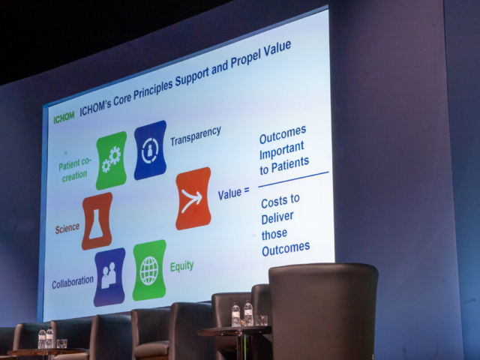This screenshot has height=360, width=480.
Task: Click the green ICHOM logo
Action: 64,117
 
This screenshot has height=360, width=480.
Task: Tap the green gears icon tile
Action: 112,160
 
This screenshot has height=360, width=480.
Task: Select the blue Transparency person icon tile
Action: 150,150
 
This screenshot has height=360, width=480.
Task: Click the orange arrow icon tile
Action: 193,198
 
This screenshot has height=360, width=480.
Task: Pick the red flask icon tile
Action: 97,221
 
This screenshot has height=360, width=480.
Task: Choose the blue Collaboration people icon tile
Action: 109,277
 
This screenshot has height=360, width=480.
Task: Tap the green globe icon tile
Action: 149,270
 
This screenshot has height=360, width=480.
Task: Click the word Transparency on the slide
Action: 196,136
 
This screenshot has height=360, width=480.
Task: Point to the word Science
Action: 67,229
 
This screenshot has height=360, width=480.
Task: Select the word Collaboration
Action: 73,282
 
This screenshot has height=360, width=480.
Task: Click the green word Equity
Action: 181,266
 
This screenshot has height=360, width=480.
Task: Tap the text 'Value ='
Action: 233,193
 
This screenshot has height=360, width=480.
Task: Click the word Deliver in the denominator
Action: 277,217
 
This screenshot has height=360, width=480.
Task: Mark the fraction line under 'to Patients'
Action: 293,179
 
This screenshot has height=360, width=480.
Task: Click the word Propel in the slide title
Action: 245,58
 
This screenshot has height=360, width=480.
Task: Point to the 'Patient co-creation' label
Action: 74,169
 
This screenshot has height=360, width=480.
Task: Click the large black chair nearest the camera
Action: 323,312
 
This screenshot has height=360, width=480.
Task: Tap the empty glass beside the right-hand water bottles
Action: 261,320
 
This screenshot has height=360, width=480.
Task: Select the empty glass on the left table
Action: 61,343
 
